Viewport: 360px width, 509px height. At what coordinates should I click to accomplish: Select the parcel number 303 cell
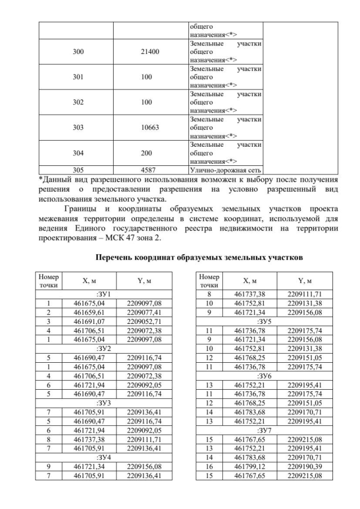point(78,128)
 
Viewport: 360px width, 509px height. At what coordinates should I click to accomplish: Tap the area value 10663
point(150,128)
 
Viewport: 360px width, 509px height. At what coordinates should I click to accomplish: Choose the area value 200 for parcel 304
point(150,153)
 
